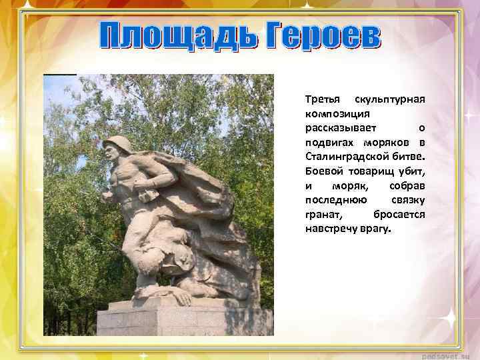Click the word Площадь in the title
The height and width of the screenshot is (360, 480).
click(176, 36)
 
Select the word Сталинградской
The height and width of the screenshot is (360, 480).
click(355, 157)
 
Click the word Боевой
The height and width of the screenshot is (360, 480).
click(322, 172)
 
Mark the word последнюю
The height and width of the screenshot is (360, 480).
click(335, 201)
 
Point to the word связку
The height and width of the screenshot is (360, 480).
click(406, 201)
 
